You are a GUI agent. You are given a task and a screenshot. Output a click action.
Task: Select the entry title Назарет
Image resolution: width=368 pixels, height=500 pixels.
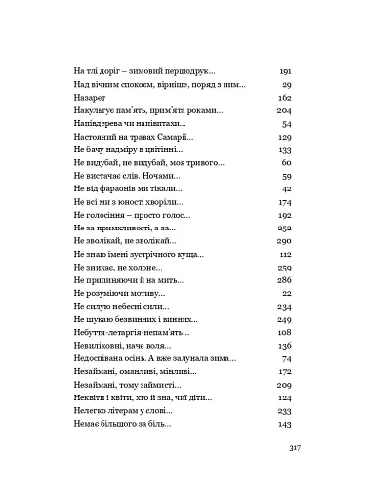point(91,98)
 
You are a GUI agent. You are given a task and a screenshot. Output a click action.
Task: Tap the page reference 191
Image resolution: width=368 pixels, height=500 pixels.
point(286,72)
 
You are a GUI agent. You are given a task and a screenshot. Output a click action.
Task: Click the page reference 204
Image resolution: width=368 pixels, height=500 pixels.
point(286,111)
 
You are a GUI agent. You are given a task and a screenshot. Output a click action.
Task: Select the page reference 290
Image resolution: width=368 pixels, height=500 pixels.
point(286,240)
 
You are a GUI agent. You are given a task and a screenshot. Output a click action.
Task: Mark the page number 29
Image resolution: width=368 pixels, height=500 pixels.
point(288,85)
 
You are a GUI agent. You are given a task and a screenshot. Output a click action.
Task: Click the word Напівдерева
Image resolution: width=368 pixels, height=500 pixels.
point(103,124)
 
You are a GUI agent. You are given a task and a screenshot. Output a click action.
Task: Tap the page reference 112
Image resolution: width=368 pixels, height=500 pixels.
point(286,253)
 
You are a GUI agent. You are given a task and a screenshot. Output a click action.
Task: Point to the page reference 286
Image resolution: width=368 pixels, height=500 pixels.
point(286,279)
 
